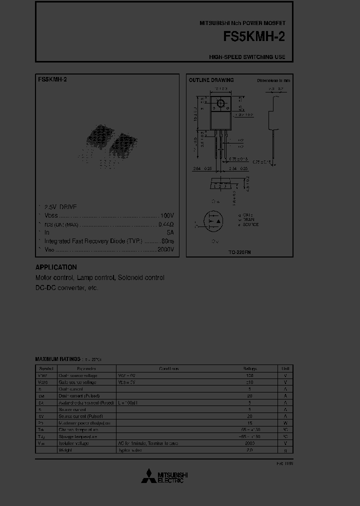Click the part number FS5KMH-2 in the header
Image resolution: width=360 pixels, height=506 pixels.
(255, 38)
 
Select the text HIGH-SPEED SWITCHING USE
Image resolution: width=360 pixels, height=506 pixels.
(247, 57)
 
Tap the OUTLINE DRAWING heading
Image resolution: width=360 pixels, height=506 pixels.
(211, 80)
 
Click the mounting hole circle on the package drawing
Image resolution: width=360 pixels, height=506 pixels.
(219, 104)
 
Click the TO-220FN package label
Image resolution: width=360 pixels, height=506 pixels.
(240, 252)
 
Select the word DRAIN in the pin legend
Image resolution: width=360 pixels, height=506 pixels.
(248, 219)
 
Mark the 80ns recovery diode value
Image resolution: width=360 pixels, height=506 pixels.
(167, 241)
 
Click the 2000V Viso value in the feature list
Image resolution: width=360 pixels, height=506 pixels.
(165, 249)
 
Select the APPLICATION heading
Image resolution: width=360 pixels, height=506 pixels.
(56, 267)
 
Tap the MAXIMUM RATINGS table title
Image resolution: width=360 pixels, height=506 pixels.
(57, 359)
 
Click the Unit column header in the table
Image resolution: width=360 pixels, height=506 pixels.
(285, 368)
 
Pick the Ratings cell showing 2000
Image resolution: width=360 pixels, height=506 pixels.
(249, 443)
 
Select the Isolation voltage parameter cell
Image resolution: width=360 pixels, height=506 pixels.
(74, 443)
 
